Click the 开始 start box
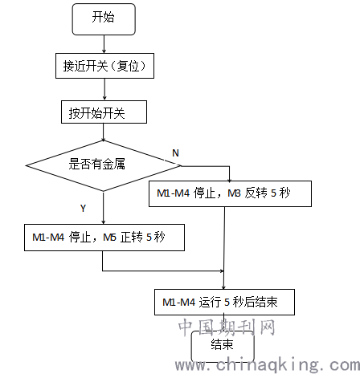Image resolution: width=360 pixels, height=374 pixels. (x=104, y=19)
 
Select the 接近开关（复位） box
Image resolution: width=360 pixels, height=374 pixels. (x=104, y=66)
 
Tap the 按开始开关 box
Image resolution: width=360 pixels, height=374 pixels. (x=104, y=112)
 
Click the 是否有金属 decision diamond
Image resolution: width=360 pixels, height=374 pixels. (x=104, y=166)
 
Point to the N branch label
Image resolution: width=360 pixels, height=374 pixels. (x=175, y=153)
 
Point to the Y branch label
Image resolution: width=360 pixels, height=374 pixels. (x=83, y=208)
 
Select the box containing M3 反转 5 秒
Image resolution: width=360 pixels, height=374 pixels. (x=230, y=193)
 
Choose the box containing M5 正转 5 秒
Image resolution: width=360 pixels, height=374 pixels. (x=104, y=238)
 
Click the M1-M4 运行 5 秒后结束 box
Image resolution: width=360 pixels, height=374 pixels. (x=224, y=302)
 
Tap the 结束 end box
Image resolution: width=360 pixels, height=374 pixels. (x=223, y=347)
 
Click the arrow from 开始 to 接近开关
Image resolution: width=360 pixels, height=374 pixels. (x=104, y=44)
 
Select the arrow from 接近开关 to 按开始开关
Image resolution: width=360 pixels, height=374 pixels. (x=104, y=90)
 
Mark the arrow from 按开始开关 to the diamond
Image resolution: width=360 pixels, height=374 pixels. (x=104, y=132)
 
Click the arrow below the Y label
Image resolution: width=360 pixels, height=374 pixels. (x=104, y=208)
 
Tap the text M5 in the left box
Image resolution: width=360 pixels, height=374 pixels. (x=109, y=238)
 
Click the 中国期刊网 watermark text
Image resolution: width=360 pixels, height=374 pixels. (x=227, y=327)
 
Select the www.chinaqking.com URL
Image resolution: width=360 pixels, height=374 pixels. (x=268, y=364)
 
